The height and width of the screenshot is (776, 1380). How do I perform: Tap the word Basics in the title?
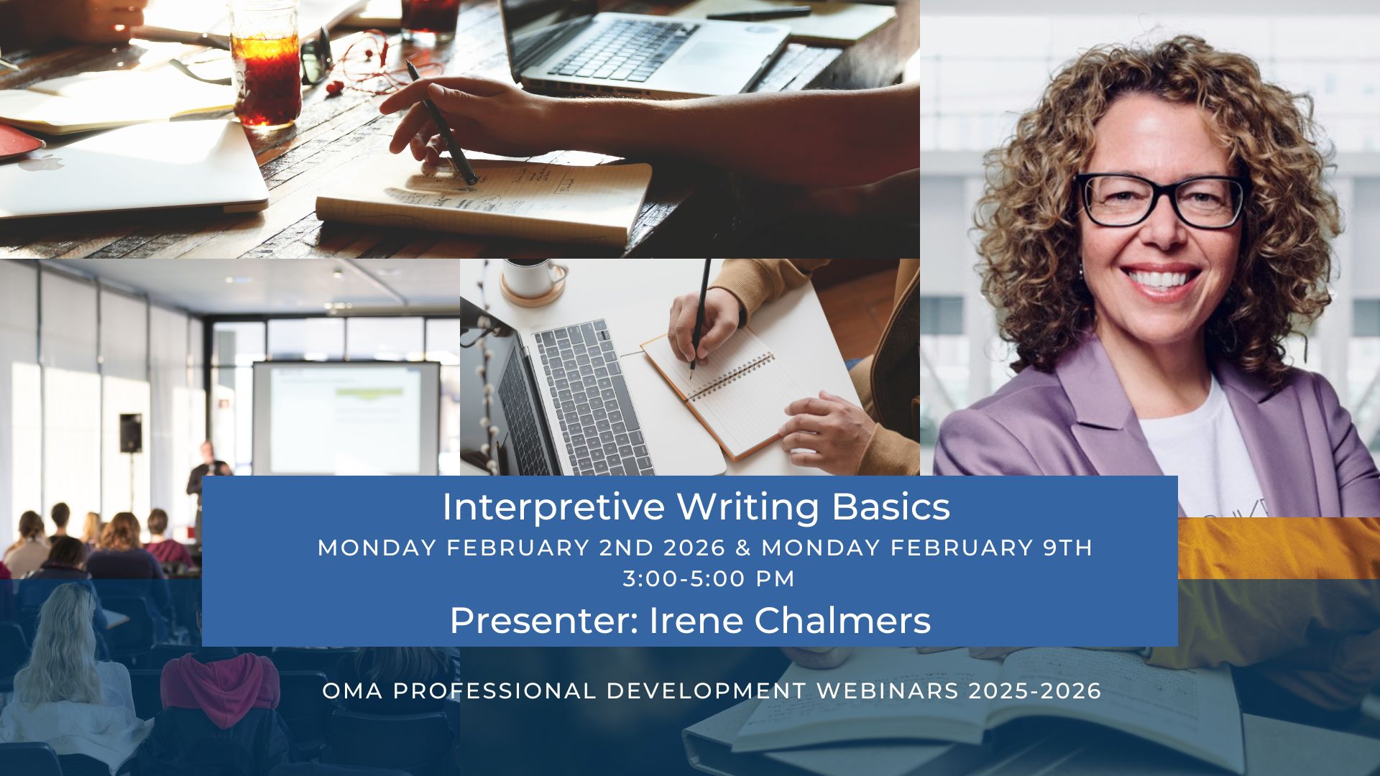tap(891, 507)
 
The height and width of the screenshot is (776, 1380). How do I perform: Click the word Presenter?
tap(544, 621)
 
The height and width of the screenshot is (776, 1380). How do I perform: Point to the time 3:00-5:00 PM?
tap(709, 579)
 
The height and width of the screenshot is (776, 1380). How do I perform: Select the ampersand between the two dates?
tap(743, 548)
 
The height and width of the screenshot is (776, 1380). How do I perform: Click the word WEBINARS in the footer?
tap(887, 691)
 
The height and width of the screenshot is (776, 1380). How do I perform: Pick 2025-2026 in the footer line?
tap(1035, 691)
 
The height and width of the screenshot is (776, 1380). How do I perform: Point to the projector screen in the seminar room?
tap(345, 417)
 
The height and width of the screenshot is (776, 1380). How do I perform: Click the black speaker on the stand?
tap(131, 433)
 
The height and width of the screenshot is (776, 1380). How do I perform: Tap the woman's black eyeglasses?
tap(1163, 200)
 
